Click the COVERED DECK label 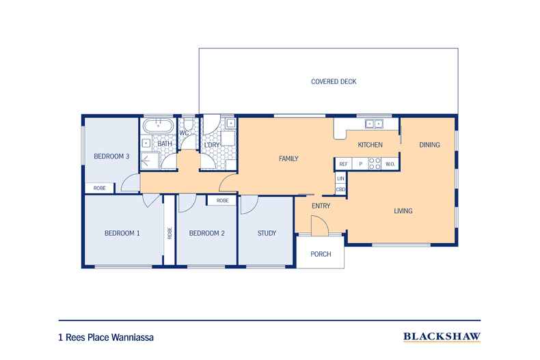334,81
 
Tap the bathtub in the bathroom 159,126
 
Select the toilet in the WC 188,124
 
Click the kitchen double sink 374,124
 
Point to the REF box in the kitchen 343,164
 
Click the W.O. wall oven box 390,164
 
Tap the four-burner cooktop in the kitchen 375,164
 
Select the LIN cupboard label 340,178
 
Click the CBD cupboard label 340,190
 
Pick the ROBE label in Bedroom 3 100,189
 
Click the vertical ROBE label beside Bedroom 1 170,233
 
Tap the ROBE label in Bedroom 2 222,201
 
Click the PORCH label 321,254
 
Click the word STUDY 267,234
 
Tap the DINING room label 429,145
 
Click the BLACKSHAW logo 442,337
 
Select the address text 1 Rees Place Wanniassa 106,337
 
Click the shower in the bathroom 150,161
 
